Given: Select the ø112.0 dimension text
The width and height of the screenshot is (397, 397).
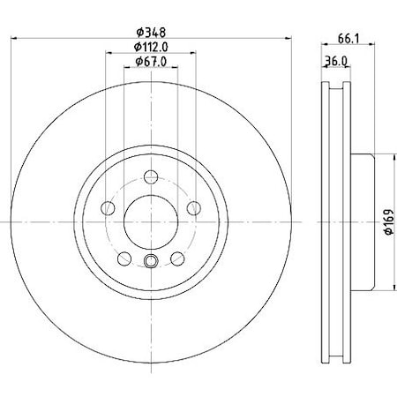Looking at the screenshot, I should point(151,47).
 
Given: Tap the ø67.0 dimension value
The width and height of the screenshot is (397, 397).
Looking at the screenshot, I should point(151,61).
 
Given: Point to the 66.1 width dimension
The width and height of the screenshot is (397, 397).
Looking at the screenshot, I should point(348,39).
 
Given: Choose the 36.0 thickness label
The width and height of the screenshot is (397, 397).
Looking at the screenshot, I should point(334,61).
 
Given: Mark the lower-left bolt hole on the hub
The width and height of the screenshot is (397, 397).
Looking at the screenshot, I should point(124,257).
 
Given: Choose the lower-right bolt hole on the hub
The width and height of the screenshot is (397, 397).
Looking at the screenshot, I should point(176,257).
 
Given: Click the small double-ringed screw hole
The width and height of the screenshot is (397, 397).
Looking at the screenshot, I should point(150,260).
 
